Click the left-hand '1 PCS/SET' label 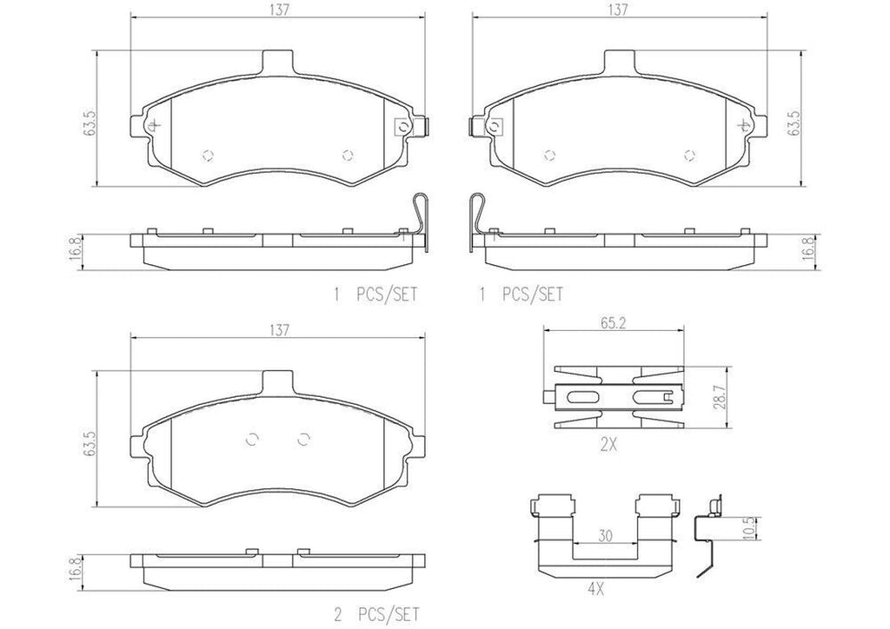point(376,295)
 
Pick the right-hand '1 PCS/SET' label point(521,295)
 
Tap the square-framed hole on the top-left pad point(402,126)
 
